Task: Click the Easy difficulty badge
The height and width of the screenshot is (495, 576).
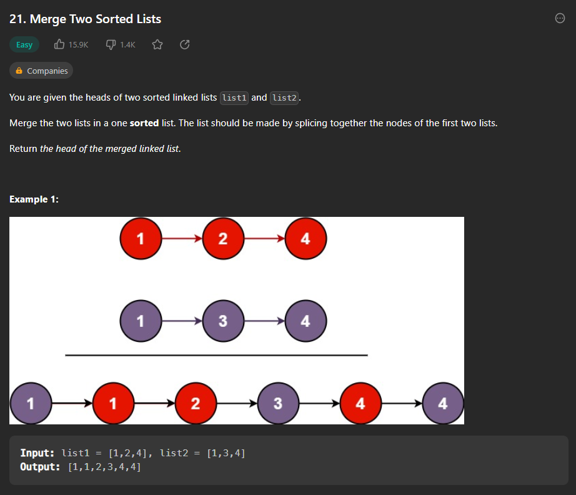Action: tap(24, 45)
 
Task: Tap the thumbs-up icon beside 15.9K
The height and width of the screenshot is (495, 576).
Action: tap(59, 44)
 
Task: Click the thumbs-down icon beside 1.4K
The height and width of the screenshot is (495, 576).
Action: tap(111, 44)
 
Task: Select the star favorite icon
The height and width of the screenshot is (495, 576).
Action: tap(157, 44)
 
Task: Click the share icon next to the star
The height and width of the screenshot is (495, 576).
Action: tap(184, 44)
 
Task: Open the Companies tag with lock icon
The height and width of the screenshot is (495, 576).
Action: tap(41, 71)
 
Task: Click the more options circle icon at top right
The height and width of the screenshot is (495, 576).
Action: tap(560, 19)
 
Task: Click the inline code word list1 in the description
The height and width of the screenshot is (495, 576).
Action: tap(235, 98)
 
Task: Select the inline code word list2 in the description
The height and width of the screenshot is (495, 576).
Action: tap(284, 98)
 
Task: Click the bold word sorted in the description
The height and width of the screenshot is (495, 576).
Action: tap(144, 123)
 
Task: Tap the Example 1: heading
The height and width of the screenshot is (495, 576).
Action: tap(34, 199)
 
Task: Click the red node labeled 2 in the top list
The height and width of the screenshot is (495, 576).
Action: tap(223, 238)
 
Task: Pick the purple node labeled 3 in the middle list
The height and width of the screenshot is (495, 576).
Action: tap(223, 321)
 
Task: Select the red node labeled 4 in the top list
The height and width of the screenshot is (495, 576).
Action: tap(305, 238)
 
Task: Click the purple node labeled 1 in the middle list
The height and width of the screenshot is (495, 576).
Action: tap(141, 321)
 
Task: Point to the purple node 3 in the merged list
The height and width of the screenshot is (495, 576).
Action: tap(278, 404)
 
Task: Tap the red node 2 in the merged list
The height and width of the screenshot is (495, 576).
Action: tap(196, 404)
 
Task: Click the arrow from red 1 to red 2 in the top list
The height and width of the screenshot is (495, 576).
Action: tap(181, 238)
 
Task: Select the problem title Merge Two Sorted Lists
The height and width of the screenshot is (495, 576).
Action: tap(86, 19)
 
